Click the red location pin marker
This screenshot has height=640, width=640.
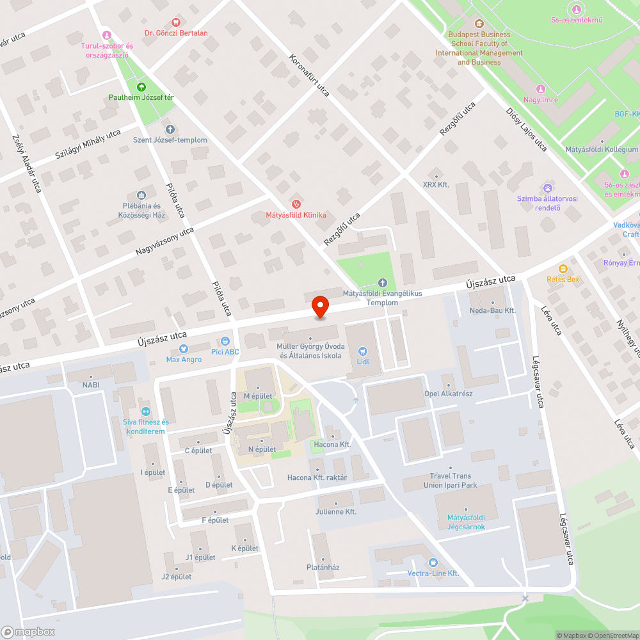(x=320, y=306)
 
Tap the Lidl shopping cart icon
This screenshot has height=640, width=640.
(x=363, y=351)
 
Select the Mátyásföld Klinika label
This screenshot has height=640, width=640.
(x=296, y=215)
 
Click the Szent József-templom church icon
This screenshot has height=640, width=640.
(x=170, y=129)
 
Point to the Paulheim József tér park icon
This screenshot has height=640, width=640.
(x=141, y=86)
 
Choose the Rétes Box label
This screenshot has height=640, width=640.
(x=563, y=279)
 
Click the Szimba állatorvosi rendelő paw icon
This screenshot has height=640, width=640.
(x=548, y=188)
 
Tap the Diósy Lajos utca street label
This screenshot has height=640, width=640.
(x=526, y=129)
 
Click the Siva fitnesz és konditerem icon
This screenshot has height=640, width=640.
(x=146, y=411)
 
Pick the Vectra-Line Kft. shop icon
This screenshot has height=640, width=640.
(x=433, y=563)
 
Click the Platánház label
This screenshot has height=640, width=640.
(x=323, y=567)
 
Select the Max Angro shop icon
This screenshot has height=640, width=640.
(x=184, y=349)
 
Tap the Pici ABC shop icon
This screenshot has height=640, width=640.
(x=225, y=341)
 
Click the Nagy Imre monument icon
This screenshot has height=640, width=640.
(x=541, y=89)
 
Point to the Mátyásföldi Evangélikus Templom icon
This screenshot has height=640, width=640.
(x=383, y=282)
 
